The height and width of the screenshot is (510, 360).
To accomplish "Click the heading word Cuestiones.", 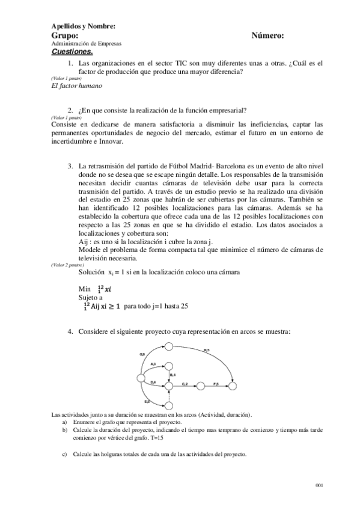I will [72, 52].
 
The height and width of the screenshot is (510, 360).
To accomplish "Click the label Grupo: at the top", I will [66, 36].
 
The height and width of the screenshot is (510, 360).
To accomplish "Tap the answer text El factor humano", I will [78, 85].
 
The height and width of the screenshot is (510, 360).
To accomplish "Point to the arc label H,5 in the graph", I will [205, 350].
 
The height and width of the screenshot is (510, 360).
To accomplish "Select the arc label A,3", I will [153, 365].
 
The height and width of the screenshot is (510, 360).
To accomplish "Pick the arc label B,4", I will [172, 375].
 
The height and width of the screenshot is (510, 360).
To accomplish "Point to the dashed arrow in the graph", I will [169, 395].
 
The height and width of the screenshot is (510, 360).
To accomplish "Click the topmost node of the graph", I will [169, 346].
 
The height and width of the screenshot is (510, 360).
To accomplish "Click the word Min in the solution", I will [84, 289].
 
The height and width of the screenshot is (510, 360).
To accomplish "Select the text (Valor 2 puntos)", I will [67, 264].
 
